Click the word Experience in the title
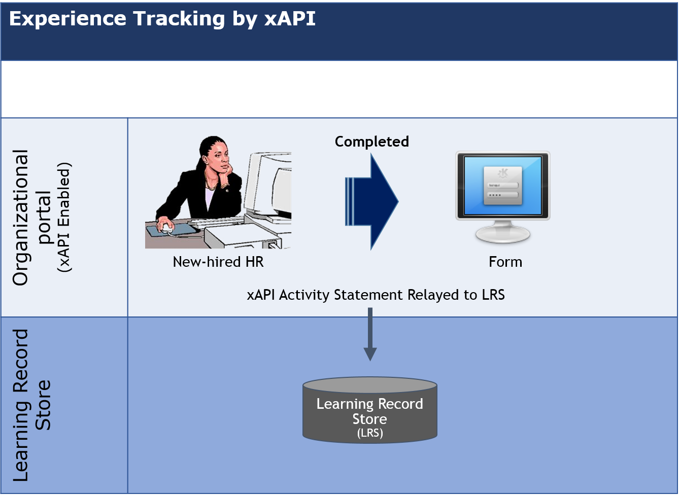tap(67, 19)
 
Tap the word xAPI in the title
tap(290, 19)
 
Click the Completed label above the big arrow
tap(371, 142)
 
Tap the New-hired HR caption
tap(218, 262)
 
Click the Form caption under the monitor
tap(505, 262)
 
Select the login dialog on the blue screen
tap(502, 186)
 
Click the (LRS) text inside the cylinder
tap(369, 433)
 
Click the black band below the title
tap(339, 89)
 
